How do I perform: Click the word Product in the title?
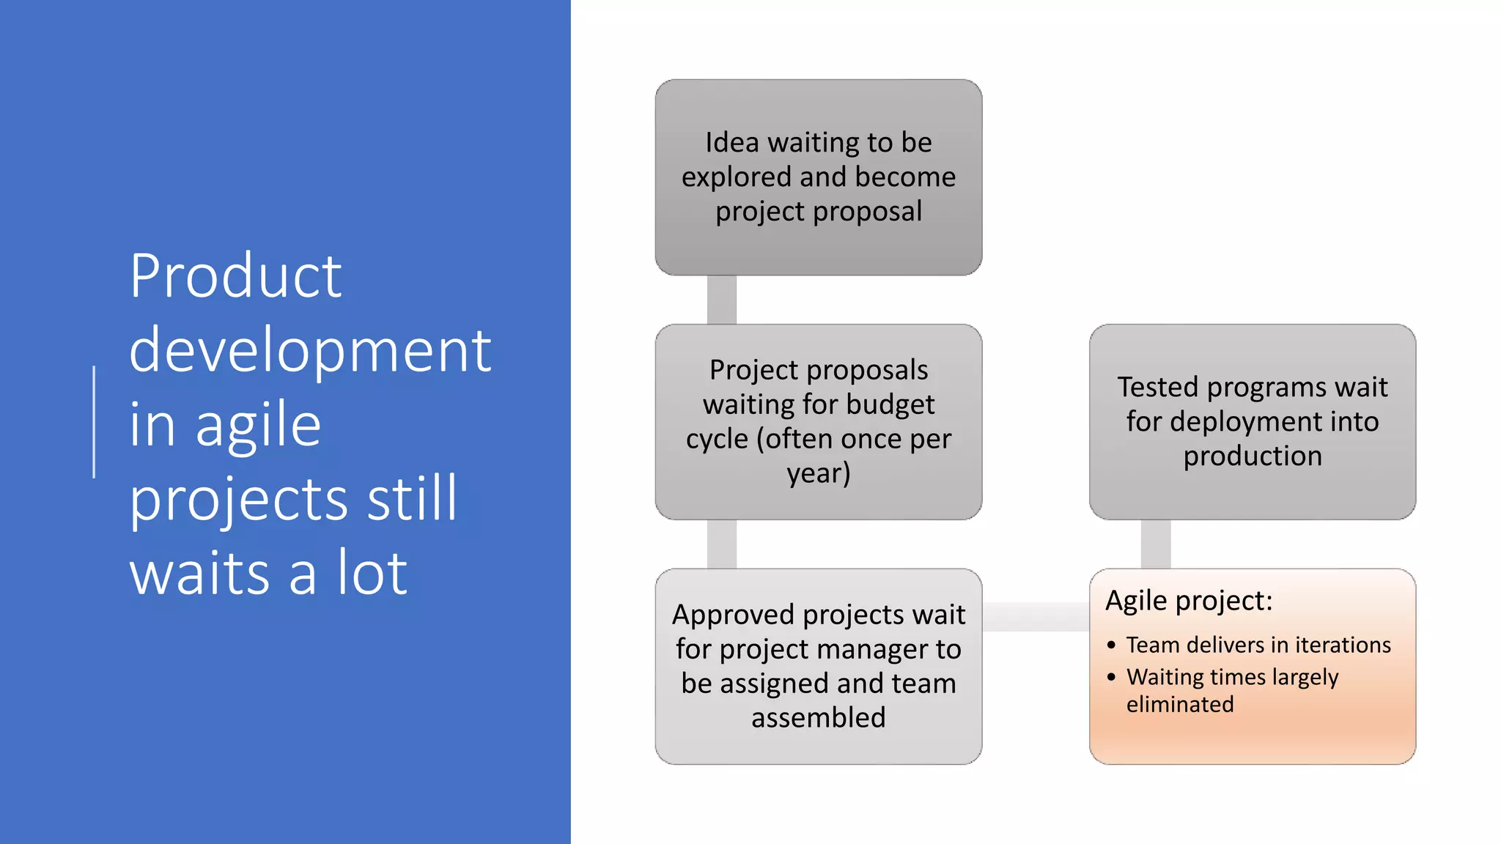point(235,276)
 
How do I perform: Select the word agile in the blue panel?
point(258,426)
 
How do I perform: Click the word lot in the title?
point(372,573)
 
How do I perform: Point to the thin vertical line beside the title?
point(94,422)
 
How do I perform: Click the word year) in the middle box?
point(819,473)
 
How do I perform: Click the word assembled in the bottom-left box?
point(819,718)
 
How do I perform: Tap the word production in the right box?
point(1253,456)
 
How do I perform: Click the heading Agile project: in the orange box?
point(1189,601)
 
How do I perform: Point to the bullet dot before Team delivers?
point(1112,645)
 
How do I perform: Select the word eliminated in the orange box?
point(1180,705)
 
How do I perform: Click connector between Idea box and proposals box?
point(722,300)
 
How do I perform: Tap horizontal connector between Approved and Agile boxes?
point(1036,617)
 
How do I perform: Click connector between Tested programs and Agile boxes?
point(1156,544)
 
